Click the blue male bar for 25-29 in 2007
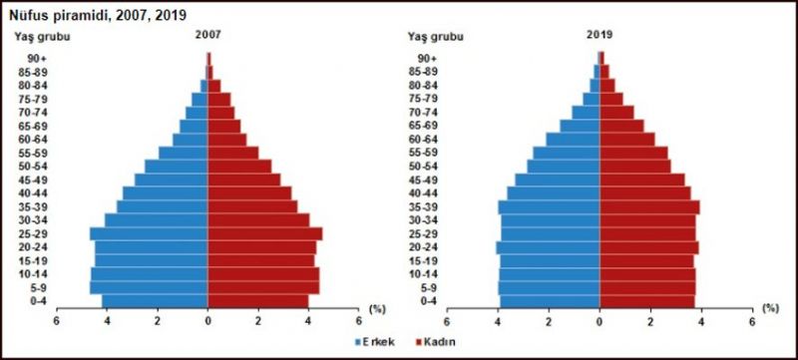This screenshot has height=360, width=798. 150,233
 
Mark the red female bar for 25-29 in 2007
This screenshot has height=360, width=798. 264,233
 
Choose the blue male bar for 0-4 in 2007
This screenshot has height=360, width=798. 155,300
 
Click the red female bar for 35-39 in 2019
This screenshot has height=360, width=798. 649,206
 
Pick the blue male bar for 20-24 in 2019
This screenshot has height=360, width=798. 549,246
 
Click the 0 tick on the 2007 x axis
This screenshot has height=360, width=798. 207,322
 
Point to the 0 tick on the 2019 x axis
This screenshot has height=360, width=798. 599,322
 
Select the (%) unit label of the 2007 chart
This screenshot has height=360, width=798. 377,309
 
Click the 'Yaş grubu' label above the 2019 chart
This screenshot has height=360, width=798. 436,36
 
